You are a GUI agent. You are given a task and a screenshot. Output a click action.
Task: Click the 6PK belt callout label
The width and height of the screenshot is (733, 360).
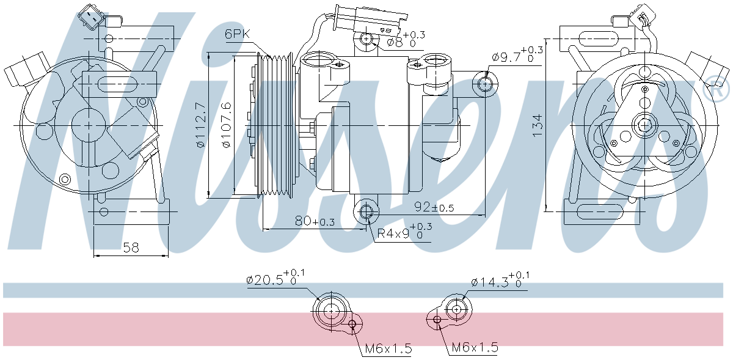pos(237,34)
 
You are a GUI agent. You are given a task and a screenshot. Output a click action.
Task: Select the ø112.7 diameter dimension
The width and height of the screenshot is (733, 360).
pos(200,125)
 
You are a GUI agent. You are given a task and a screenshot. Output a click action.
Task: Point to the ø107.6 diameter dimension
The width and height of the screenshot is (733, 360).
pos(226,125)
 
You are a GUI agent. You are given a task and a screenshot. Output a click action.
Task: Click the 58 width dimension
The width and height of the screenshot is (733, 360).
pos(131,248)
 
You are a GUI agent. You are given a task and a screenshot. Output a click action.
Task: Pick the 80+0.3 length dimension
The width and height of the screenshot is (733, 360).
pos(315,221)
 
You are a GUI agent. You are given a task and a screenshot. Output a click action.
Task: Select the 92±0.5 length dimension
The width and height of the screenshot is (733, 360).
pos(434,207)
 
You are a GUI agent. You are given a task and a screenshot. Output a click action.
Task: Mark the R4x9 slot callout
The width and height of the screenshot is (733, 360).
pos(404,232)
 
